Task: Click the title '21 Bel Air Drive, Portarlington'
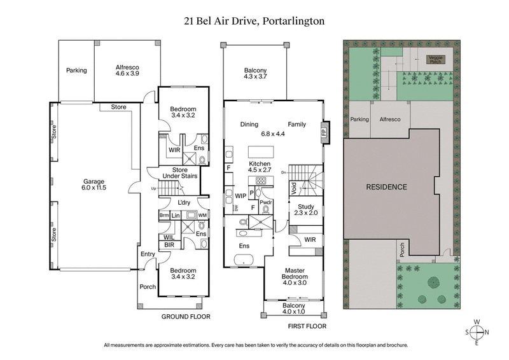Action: [254, 20]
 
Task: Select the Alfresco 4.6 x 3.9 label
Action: [127, 70]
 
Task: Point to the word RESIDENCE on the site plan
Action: [386, 187]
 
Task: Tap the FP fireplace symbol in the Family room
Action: [323, 133]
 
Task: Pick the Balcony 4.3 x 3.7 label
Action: [254, 74]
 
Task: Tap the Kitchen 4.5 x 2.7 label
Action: [254, 167]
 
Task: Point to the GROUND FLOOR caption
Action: [186, 316]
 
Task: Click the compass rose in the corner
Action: [477, 333]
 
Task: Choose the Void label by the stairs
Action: [294, 188]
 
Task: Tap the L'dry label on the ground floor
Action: [186, 202]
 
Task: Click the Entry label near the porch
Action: [148, 254]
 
